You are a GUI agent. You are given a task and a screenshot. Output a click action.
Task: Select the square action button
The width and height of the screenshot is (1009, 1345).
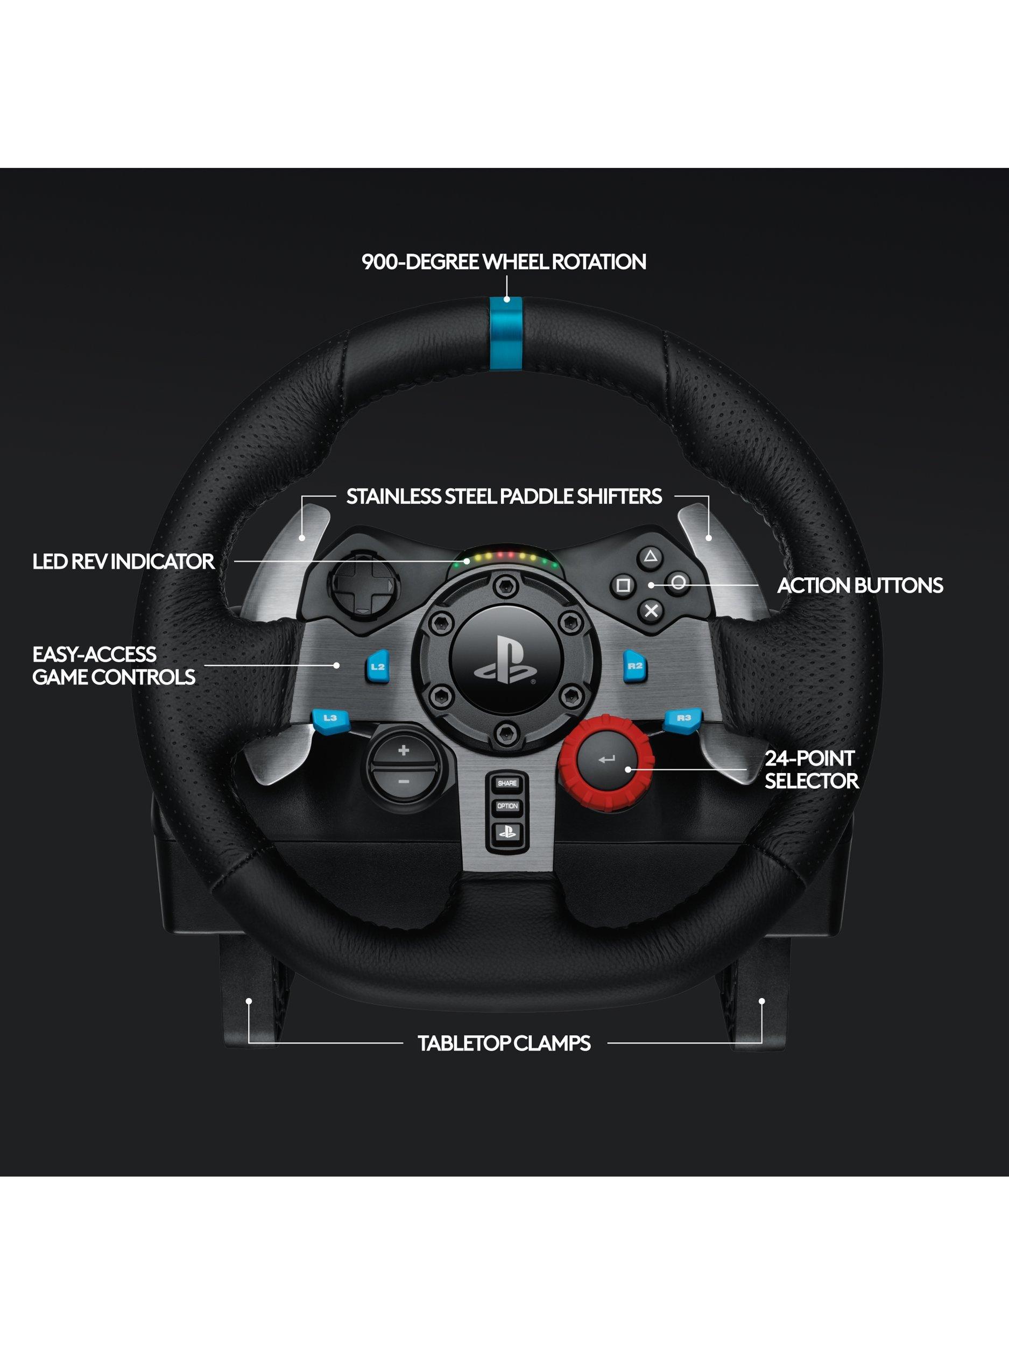point(622,585)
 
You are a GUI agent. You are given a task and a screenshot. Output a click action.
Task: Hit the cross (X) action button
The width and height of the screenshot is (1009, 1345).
point(651,610)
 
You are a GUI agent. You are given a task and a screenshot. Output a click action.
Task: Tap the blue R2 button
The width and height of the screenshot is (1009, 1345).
point(634,665)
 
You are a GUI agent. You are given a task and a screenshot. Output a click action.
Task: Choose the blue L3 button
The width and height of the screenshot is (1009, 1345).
point(330,718)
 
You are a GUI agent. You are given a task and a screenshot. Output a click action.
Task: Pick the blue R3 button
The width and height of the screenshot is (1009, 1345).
point(683,718)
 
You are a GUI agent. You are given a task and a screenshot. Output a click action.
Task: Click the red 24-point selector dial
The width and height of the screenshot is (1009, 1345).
point(609,758)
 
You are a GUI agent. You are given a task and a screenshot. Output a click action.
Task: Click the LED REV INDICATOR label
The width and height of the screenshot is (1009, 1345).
point(123,561)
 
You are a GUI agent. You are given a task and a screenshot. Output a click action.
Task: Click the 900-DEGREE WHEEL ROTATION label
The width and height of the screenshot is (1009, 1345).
point(504,261)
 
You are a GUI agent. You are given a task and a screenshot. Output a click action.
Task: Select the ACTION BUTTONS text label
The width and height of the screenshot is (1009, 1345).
point(860,585)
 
